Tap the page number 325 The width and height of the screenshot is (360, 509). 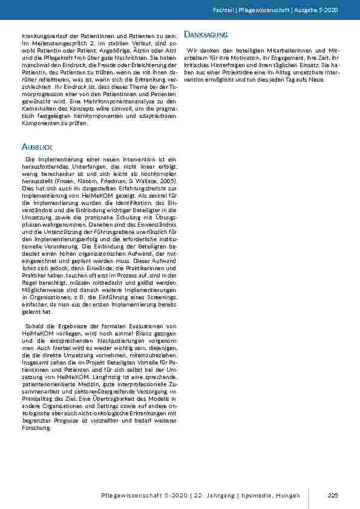pos(332,496)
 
